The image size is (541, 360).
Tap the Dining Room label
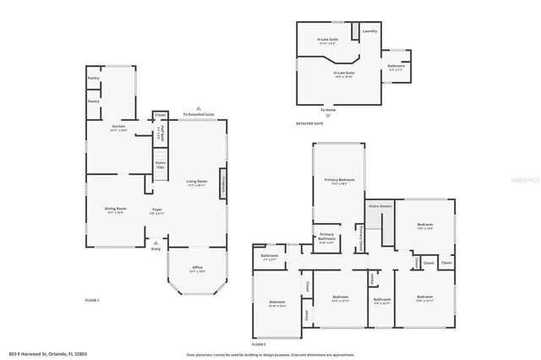(115, 210)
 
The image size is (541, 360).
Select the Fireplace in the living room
(224, 184)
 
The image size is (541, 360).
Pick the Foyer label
(157, 210)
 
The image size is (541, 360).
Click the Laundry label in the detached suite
(369, 31)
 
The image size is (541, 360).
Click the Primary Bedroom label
(340, 181)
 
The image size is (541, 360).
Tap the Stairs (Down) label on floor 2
(380, 205)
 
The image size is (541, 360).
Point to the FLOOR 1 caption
(92, 301)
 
